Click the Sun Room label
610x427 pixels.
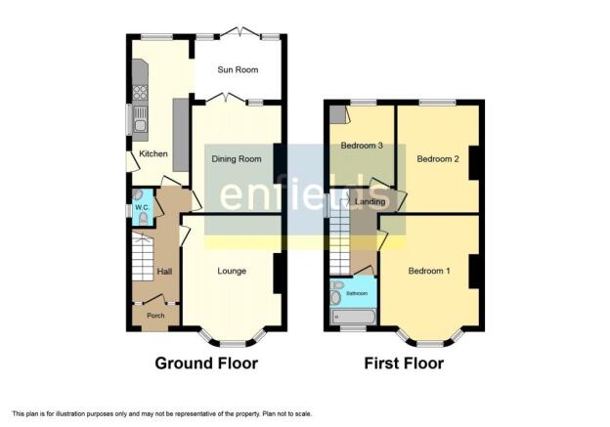(238, 70)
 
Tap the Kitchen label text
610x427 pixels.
(153, 153)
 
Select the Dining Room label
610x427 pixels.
(237, 158)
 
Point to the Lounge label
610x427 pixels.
(232, 271)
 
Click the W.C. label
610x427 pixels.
(143, 207)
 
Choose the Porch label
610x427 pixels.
(155, 316)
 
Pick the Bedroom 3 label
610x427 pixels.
(362, 146)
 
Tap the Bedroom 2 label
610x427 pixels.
(438, 158)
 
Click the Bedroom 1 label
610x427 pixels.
(429, 271)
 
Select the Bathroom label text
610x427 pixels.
(357, 293)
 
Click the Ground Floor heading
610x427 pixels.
(206, 363)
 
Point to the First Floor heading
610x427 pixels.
(404, 363)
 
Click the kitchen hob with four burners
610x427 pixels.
(140, 93)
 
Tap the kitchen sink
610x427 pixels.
(140, 119)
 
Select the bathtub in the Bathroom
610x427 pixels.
(353, 317)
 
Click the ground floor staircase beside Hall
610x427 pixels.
(143, 257)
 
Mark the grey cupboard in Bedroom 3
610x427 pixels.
(337, 114)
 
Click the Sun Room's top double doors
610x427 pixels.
(240, 32)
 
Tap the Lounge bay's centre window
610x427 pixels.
(233, 344)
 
